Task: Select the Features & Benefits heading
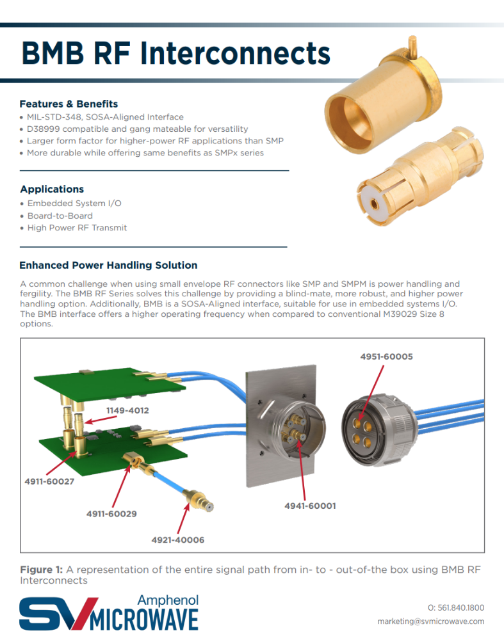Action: (69, 104)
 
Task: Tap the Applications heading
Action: (52, 189)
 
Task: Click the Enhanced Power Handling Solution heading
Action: (108, 265)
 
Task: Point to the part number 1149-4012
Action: (127, 410)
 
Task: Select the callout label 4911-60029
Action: (111, 513)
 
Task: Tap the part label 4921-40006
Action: (177, 540)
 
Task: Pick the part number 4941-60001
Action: (310, 506)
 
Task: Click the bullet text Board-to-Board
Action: (60, 216)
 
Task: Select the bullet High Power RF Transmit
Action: (77, 228)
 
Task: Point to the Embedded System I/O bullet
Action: (74, 204)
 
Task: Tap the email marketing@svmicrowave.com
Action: (430, 621)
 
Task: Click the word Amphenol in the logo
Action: (168, 600)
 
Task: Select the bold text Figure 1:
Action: (41, 570)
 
